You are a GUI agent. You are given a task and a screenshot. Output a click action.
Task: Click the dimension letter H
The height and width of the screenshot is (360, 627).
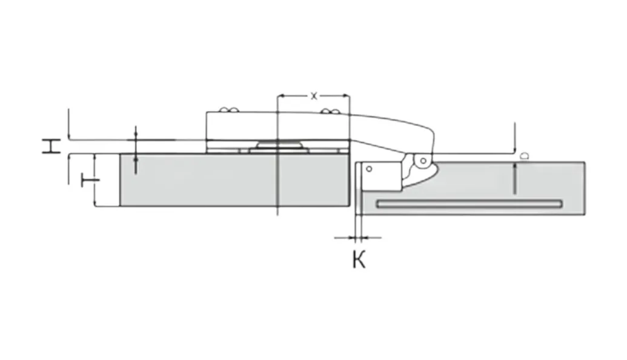tap(51, 147)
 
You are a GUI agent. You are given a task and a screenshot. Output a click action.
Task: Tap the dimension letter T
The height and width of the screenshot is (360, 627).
tap(90, 181)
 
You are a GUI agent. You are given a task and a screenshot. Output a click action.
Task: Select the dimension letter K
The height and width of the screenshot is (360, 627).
tap(359, 259)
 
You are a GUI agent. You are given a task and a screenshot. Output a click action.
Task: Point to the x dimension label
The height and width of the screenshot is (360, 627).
tap(314, 96)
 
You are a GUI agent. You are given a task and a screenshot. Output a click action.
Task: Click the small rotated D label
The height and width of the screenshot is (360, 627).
tap(525, 156)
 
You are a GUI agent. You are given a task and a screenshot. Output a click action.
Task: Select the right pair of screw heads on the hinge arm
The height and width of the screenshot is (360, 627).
tap(331, 111)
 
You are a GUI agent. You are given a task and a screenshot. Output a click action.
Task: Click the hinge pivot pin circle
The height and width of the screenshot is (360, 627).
tap(423, 161)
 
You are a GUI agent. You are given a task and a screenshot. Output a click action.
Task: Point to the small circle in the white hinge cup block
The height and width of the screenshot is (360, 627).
tap(369, 169)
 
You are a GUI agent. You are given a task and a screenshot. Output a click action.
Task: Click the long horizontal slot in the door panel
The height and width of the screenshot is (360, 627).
tap(469, 204)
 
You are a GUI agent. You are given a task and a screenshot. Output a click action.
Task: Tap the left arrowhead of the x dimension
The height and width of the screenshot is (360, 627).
tap(281, 96)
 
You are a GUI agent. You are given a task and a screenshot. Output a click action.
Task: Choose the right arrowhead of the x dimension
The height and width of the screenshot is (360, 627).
tap(346, 96)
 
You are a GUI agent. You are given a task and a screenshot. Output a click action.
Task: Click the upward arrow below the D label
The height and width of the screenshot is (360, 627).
tap(515, 179)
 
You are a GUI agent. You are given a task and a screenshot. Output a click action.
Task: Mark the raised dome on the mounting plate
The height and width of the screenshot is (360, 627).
tap(278, 144)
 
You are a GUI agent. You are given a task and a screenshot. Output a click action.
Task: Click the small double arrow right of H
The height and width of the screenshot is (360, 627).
tap(136, 150)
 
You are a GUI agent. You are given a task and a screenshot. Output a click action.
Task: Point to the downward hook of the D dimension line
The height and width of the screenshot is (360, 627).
tap(515, 138)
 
